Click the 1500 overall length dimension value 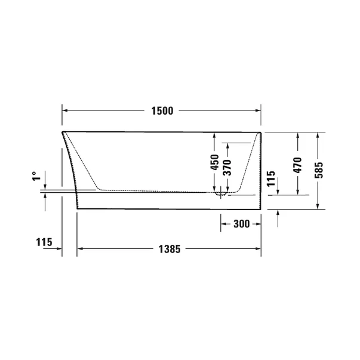162,110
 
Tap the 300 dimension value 241,224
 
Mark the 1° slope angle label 35,177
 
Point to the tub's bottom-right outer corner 261,210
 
